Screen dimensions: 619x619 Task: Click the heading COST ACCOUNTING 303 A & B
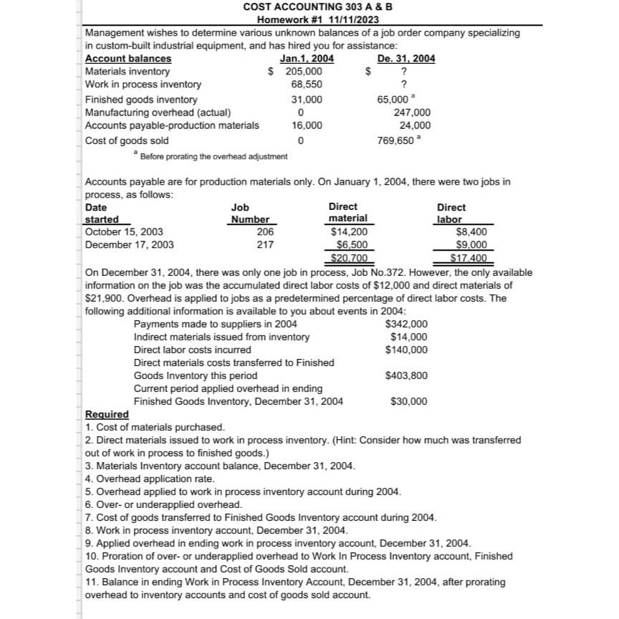pyautogui.click(x=317, y=7)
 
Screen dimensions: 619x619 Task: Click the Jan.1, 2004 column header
pyautogui.click(x=307, y=59)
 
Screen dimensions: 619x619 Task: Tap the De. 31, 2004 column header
pyautogui.click(x=406, y=59)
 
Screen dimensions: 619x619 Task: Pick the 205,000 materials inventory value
pyautogui.click(x=303, y=72)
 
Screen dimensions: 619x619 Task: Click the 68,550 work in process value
pyautogui.click(x=307, y=85)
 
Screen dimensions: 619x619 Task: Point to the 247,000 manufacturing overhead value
pyautogui.click(x=412, y=112)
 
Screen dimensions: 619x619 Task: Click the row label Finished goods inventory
pyautogui.click(x=141, y=100)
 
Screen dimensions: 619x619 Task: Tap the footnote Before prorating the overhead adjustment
pyautogui.click(x=213, y=156)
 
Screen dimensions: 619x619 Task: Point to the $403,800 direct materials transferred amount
pyautogui.click(x=406, y=375)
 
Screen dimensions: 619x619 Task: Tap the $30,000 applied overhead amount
pyautogui.click(x=409, y=401)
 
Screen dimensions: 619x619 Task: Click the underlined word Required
pyautogui.click(x=107, y=414)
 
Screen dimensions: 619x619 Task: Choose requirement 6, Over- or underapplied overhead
pyautogui.click(x=164, y=504)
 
